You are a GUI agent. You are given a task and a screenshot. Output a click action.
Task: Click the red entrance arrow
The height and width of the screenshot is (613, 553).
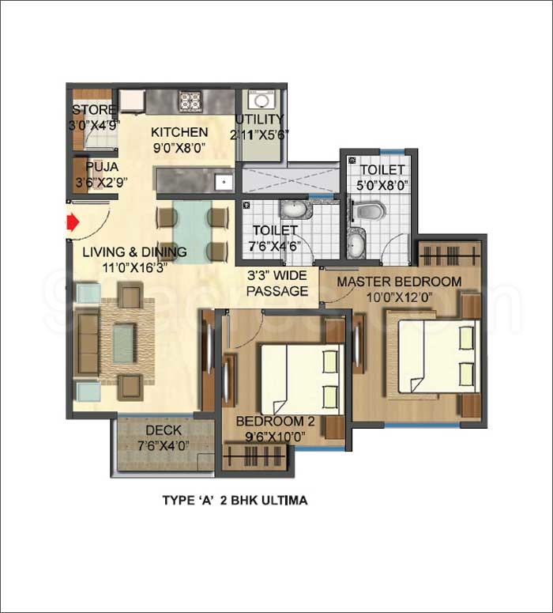[x=73, y=223]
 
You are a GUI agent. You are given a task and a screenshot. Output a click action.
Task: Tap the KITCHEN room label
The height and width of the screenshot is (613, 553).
[x=179, y=132]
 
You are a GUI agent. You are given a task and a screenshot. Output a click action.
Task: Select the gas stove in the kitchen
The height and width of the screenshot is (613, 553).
[x=190, y=100]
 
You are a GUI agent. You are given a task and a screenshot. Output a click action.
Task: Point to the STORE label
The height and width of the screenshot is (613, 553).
[x=94, y=109]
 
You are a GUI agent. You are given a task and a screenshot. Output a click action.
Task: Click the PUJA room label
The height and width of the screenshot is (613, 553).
[x=102, y=167]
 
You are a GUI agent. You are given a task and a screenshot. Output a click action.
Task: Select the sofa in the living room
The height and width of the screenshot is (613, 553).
[x=88, y=343]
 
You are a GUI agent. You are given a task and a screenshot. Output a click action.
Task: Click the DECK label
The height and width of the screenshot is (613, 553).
[x=164, y=430]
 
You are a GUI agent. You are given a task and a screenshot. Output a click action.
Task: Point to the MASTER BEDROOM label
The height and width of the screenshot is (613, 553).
[x=399, y=282]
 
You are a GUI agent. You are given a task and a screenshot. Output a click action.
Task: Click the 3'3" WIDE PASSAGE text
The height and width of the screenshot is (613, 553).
[x=276, y=284]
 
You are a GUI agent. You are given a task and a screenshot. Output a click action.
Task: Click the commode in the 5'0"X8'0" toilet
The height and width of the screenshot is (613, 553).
[x=370, y=210]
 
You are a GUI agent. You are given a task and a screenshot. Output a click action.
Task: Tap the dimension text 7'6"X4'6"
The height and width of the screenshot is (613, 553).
[x=274, y=245]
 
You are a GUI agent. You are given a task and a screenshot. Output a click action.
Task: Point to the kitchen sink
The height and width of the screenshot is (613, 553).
[x=224, y=181]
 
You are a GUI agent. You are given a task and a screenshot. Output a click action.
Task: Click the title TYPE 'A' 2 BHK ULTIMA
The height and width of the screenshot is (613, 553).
[x=235, y=500]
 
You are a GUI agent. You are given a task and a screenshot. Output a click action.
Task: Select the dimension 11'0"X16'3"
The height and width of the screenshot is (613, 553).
[x=134, y=267]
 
